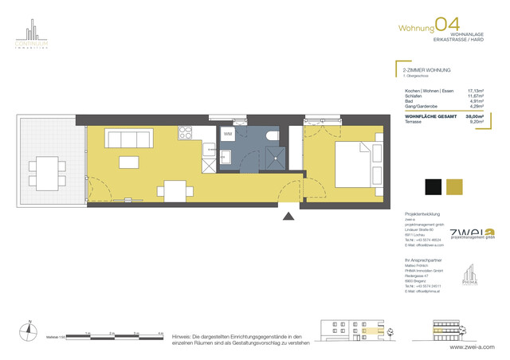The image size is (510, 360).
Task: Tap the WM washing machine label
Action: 227,134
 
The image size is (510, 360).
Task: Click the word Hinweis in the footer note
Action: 182,338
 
